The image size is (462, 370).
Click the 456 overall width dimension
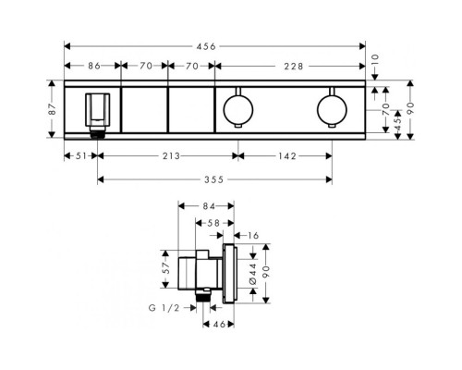click(206, 46)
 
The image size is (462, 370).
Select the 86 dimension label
click(94, 66)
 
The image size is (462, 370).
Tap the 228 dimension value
click(294, 67)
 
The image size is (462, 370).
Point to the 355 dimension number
click(213, 179)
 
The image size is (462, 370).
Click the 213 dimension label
click(171, 156)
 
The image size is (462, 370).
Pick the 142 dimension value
click(287, 156)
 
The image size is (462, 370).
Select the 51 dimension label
click(81, 156)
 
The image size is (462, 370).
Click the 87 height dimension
click(53, 109)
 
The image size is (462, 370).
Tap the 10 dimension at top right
click(376, 59)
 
